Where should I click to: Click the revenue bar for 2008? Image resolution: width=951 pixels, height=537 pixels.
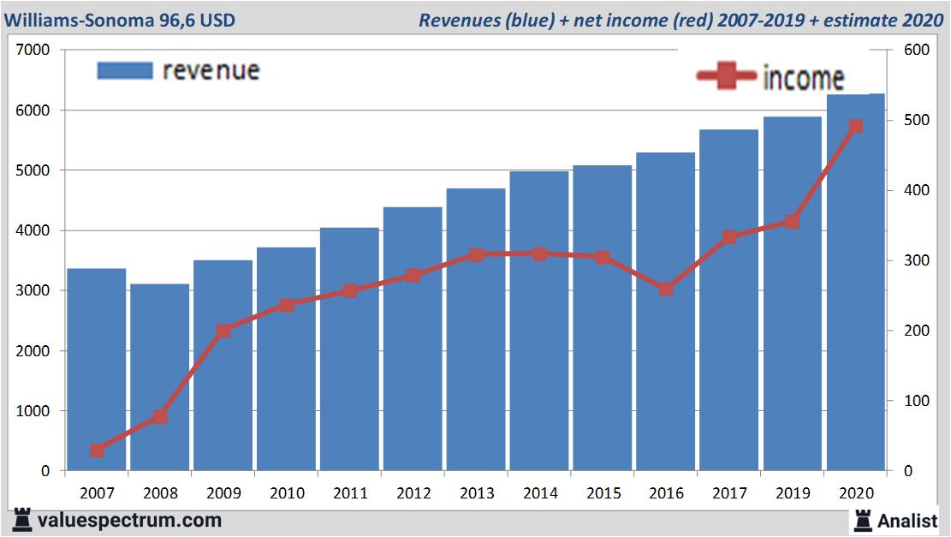click(159, 377)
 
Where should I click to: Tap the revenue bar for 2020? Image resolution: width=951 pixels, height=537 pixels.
click(855, 283)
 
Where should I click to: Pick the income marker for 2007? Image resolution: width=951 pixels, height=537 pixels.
click(97, 450)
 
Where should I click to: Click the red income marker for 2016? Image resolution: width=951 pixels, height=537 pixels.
click(665, 289)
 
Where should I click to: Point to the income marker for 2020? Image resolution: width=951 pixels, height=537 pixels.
click(855, 127)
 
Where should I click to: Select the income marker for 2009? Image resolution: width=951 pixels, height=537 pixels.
click(223, 331)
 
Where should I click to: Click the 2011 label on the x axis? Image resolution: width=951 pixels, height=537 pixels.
click(350, 493)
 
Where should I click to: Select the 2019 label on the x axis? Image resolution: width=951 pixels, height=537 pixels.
click(792, 493)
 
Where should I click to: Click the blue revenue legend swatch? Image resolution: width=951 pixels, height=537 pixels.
click(124, 70)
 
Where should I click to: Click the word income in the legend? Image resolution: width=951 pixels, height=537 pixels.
click(802, 78)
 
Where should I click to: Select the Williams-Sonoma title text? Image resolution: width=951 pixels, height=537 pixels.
click(120, 20)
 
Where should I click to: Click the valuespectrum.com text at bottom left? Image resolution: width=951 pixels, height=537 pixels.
click(129, 520)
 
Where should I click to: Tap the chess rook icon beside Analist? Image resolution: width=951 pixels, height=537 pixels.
click(862, 520)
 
